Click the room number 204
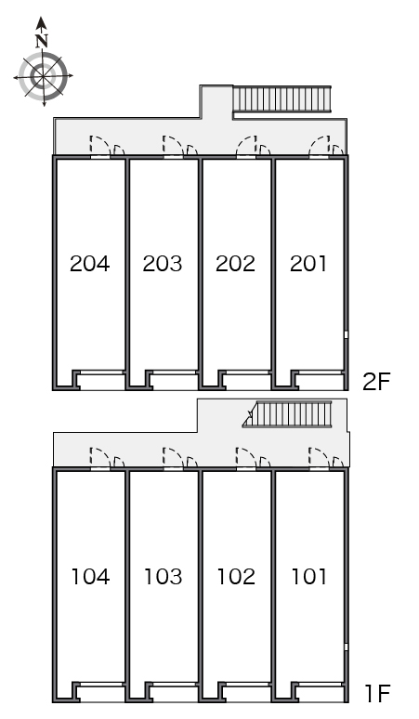coord(90,264)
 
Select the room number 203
coord(163,264)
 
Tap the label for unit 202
coord(235,264)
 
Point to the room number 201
coord(308,264)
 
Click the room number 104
coord(91,576)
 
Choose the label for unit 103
coord(164,576)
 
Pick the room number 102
coord(236,576)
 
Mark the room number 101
coord(309,576)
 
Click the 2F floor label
coord(376,382)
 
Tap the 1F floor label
coord(377,693)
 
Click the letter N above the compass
coord(42,41)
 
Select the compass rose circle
coord(43,75)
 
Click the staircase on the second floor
coord(282,98)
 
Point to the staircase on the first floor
coord(287,414)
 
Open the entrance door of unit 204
coord(100,145)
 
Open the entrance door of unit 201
coord(320,145)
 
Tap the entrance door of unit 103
coord(174,458)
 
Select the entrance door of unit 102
coord(246,458)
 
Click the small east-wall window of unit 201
coord(347,334)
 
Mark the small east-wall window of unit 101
coord(347,647)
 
